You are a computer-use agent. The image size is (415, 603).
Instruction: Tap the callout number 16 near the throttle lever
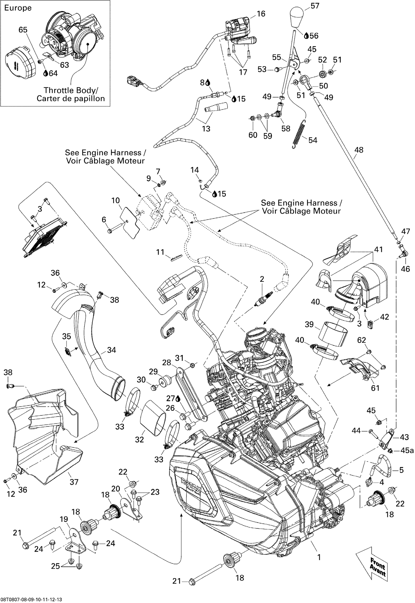click(261, 14)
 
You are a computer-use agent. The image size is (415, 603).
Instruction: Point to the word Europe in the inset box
click(18, 8)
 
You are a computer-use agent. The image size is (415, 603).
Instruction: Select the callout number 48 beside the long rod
click(359, 150)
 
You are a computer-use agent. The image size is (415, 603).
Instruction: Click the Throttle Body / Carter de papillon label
click(71, 94)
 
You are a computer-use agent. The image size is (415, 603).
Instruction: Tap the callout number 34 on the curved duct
click(111, 350)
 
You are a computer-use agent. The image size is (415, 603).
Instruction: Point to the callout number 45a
click(407, 451)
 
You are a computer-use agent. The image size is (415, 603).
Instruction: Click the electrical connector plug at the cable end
click(132, 82)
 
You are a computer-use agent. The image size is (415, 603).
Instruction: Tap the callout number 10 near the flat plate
click(116, 200)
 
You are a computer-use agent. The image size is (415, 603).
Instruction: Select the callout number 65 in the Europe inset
click(23, 30)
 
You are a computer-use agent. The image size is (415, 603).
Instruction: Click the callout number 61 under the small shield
click(375, 388)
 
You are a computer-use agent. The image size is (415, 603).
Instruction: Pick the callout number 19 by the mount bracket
click(64, 519)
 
